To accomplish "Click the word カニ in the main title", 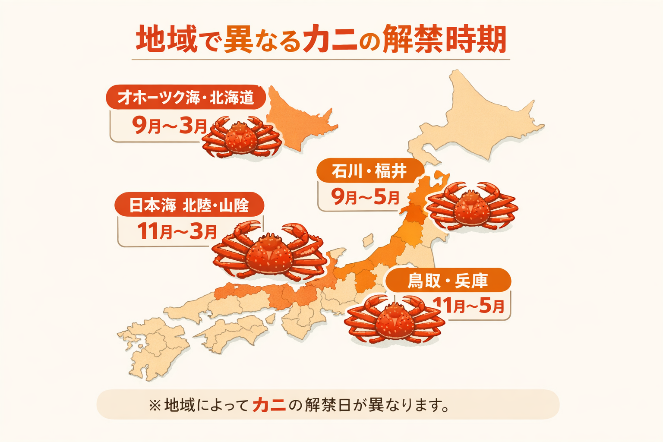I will tap(330, 40).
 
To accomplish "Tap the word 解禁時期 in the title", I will tap(445, 40).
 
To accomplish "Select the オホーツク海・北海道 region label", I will tap(186, 98).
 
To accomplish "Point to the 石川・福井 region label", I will tap(369, 171).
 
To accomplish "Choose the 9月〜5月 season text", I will tap(365, 197).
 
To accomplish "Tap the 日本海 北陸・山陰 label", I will tap(189, 205).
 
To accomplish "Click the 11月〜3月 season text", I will tap(177, 231).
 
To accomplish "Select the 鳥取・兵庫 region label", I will tap(448, 281).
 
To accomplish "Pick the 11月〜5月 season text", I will tap(470, 306).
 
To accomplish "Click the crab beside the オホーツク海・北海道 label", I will tap(242, 138).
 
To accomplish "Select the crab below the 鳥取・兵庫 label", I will tap(394, 320).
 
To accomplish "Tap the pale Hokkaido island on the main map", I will tap(479, 117).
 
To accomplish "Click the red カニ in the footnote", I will tap(269, 405).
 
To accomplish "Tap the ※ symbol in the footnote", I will tap(154, 405).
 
